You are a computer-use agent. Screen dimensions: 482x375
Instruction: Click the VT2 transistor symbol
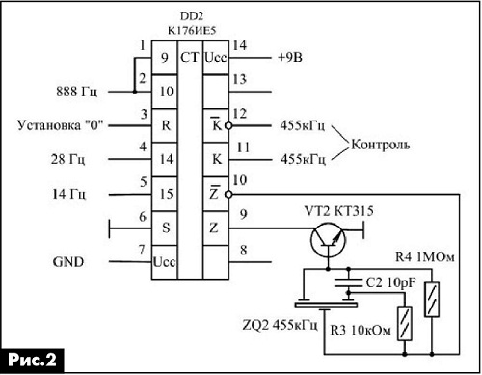click(328, 240)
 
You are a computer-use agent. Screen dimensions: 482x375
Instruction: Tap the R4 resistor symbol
click(432, 300)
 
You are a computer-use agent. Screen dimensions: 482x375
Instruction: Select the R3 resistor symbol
click(405, 323)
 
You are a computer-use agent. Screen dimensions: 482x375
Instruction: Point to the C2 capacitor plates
click(348, 282)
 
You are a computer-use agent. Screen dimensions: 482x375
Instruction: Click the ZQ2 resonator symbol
click(326, 304)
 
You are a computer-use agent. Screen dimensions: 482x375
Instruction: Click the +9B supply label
click(290, 58)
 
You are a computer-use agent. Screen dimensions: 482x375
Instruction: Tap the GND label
click(68, 262)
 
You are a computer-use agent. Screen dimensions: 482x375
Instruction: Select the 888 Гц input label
click(76, 92)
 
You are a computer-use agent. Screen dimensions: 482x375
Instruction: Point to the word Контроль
click(381, 145)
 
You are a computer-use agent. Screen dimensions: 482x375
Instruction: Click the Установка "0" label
click(60, 125)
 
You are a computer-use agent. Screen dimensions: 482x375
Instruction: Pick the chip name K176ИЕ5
click(192, 30)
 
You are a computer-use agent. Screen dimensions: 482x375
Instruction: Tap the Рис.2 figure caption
click(32, 360)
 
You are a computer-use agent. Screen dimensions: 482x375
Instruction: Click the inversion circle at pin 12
click(228, 125)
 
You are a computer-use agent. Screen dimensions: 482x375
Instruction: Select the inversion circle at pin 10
click(228, 194)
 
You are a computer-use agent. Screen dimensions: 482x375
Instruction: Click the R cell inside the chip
click(166, 125)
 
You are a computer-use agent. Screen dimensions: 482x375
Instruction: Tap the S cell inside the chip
click(166, 228)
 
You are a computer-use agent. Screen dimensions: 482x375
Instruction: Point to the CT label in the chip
click(190, 58)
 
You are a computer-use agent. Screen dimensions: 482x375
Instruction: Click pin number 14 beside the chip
click(240, 45)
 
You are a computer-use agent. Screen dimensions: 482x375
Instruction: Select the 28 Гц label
click(67, 159)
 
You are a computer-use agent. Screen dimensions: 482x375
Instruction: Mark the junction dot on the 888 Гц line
click(135, 92)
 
